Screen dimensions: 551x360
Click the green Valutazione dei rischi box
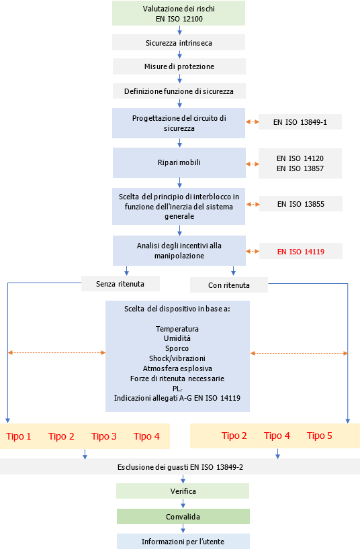179,13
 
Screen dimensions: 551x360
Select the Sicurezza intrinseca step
179,43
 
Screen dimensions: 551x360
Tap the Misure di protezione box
179,66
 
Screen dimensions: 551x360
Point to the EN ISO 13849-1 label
300,122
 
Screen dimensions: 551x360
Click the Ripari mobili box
179,163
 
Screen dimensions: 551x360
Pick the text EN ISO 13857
300,169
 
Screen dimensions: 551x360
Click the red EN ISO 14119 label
300,252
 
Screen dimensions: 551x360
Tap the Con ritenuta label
229,285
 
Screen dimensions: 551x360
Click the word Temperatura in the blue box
177,329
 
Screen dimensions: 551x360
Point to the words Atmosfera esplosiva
177,368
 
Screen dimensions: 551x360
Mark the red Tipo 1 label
19,436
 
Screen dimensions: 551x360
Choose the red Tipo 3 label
104,436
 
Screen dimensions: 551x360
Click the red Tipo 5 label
320,436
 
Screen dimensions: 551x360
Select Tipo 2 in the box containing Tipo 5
234,436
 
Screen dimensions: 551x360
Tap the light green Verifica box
182,492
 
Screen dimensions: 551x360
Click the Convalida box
183,517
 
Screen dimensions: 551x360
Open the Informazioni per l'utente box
183,541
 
